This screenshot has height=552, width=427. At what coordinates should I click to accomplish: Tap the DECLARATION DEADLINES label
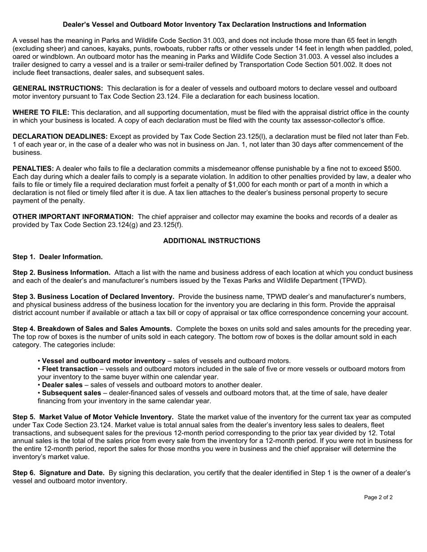pyautogui.click(x=60, y=136)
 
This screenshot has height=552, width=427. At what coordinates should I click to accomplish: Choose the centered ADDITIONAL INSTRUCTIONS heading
pyautogui.click(x=211, y=241)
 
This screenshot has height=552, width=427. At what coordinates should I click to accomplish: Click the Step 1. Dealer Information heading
pyautogui.click(x=58, y=257)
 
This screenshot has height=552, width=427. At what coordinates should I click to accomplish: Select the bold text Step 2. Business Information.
pyautogui.click(x=62, y=272)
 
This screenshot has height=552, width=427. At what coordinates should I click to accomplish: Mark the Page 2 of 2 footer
pyautogui.click(x=378, y=497)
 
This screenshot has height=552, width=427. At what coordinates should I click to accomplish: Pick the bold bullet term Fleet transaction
pyautogui.click(x=70, y=369)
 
